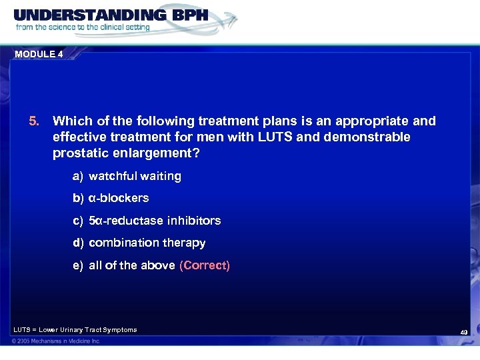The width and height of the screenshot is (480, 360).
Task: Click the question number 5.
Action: coord(34,121)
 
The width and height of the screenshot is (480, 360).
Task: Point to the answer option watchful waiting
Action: coord(135,176)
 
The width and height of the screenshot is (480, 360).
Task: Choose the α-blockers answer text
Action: coord(119,198)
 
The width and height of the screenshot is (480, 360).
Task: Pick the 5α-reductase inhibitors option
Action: coord(155,220)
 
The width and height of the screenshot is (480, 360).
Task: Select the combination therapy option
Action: coord(147,243)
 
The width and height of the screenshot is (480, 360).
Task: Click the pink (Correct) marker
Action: coord(205,265)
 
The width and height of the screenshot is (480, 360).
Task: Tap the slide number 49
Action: coord(464,331)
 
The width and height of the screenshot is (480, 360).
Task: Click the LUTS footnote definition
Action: coord(75,329)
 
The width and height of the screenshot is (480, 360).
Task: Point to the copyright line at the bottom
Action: coord(56,341)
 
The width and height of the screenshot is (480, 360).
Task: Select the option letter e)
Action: coord(79,265)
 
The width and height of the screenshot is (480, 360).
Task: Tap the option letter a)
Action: coord(79,176)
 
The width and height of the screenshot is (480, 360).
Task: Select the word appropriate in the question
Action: coord(370,121)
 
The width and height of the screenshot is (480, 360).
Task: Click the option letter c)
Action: coord(79,220)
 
